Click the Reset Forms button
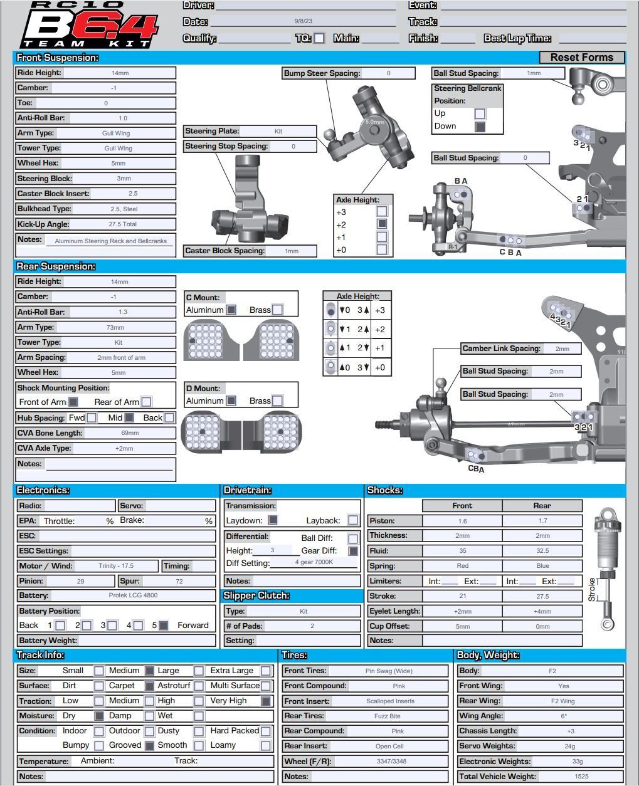tap(581, 57)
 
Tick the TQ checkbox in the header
tap(319, 38)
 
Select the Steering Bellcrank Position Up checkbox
tap(480, 113)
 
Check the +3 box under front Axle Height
tap(381, 212)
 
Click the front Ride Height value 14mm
tap(119, 73)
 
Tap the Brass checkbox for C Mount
tap(277, 310)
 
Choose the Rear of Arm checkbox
tap(146, 402)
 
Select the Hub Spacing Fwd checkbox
tap(92, 417)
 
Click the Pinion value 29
tap(80, 581)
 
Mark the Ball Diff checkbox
tap(353, 538)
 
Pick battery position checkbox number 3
tap(112, 625)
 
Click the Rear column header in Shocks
tap(542, 506)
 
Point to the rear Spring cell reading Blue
tap(542, 566)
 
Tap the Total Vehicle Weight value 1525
tap(581, 776)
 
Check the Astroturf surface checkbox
tap(199, 686)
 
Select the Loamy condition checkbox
tap(266, 745)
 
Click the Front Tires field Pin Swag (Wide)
tap(389, 671)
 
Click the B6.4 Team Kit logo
tap(88, 25)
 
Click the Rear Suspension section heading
tap(56, 266)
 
